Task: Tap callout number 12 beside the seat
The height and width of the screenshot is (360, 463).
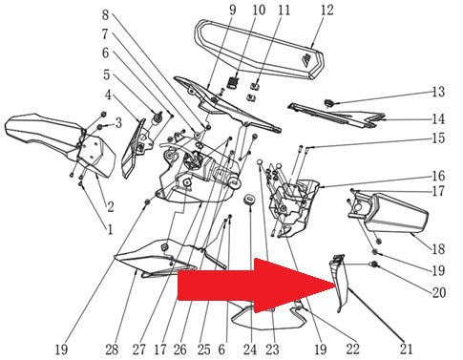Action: (x=326, y=11)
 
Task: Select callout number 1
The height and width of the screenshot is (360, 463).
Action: (x=110, y=229)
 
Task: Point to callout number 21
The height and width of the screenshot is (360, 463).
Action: (x=406, y=349)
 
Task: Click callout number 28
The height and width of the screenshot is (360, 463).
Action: (x=112, y=349)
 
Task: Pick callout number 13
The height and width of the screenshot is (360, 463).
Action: (x=438, y=92)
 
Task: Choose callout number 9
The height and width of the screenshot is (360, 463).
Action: (x=233, y=11)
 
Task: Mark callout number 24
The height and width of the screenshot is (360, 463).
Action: (x=250, y=349)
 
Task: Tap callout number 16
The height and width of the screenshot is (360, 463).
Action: (x=438, y=176)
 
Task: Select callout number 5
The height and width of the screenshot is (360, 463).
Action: (x=107, y=74)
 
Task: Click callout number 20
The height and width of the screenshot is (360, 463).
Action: (x=438, y=292)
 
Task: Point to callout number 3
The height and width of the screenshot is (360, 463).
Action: (x=118, y=123)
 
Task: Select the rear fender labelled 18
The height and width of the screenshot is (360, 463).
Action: (x=389, y=213)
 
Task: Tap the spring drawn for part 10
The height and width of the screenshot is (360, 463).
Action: (x=234, y=82)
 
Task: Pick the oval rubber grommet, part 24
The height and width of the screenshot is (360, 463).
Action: (x=249, y=200)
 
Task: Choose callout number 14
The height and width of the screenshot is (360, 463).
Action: (x=438, y=119)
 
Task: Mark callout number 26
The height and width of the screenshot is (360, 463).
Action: (x=180, y=349)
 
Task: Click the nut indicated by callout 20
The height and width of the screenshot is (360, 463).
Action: (x=373, y=265)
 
